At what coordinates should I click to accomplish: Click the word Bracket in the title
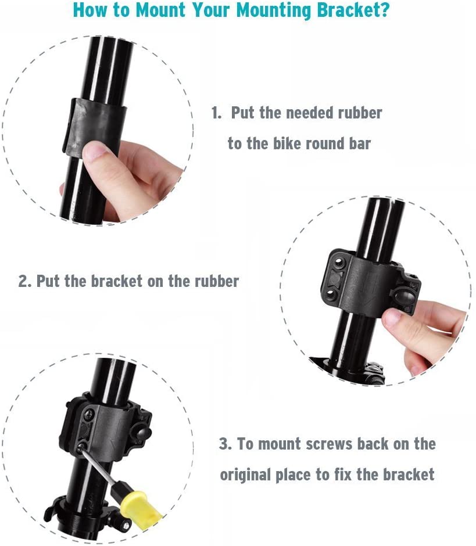pyautogui.click(x=353, y=10)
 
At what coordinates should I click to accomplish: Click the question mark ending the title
pyautogui.click(x=385, y=10)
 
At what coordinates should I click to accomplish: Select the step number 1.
pyautogui.click(x=216, y=113)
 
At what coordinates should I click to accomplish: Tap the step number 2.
pyautogui.click(x=24, y=282)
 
